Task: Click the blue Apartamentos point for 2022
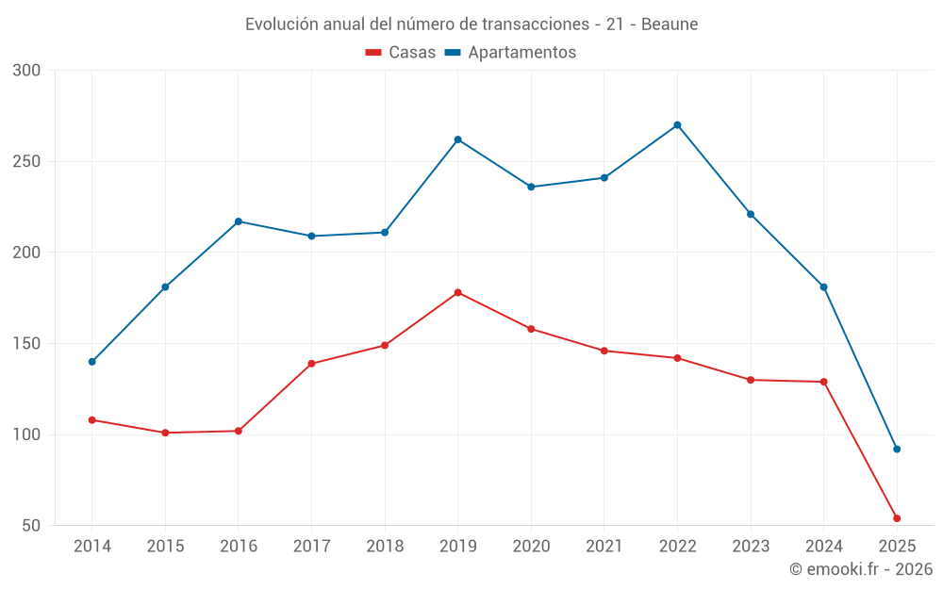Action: [677, 125]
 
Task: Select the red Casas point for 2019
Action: [457, 292]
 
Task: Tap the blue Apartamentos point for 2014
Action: [91, 362]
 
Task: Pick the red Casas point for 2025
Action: [897, 518]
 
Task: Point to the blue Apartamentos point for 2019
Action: [457, 139]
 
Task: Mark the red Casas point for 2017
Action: [311, 364]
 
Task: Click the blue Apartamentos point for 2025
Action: [897, 449]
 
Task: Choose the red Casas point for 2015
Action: [165, 433]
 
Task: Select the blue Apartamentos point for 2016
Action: [239, 221]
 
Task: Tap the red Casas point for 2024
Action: [823, 382]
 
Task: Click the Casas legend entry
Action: [401, 53]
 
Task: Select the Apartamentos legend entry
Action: [510, 53]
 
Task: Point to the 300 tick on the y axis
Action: [27, 71]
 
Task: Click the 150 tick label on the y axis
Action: [27, 344]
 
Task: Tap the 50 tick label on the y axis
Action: [32, 526]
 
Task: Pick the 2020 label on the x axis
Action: [531, 547]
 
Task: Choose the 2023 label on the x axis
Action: [751, 547]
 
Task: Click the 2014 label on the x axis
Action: [91, 547]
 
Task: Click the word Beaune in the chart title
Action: [670, 25]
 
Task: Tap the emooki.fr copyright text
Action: [861, 569]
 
